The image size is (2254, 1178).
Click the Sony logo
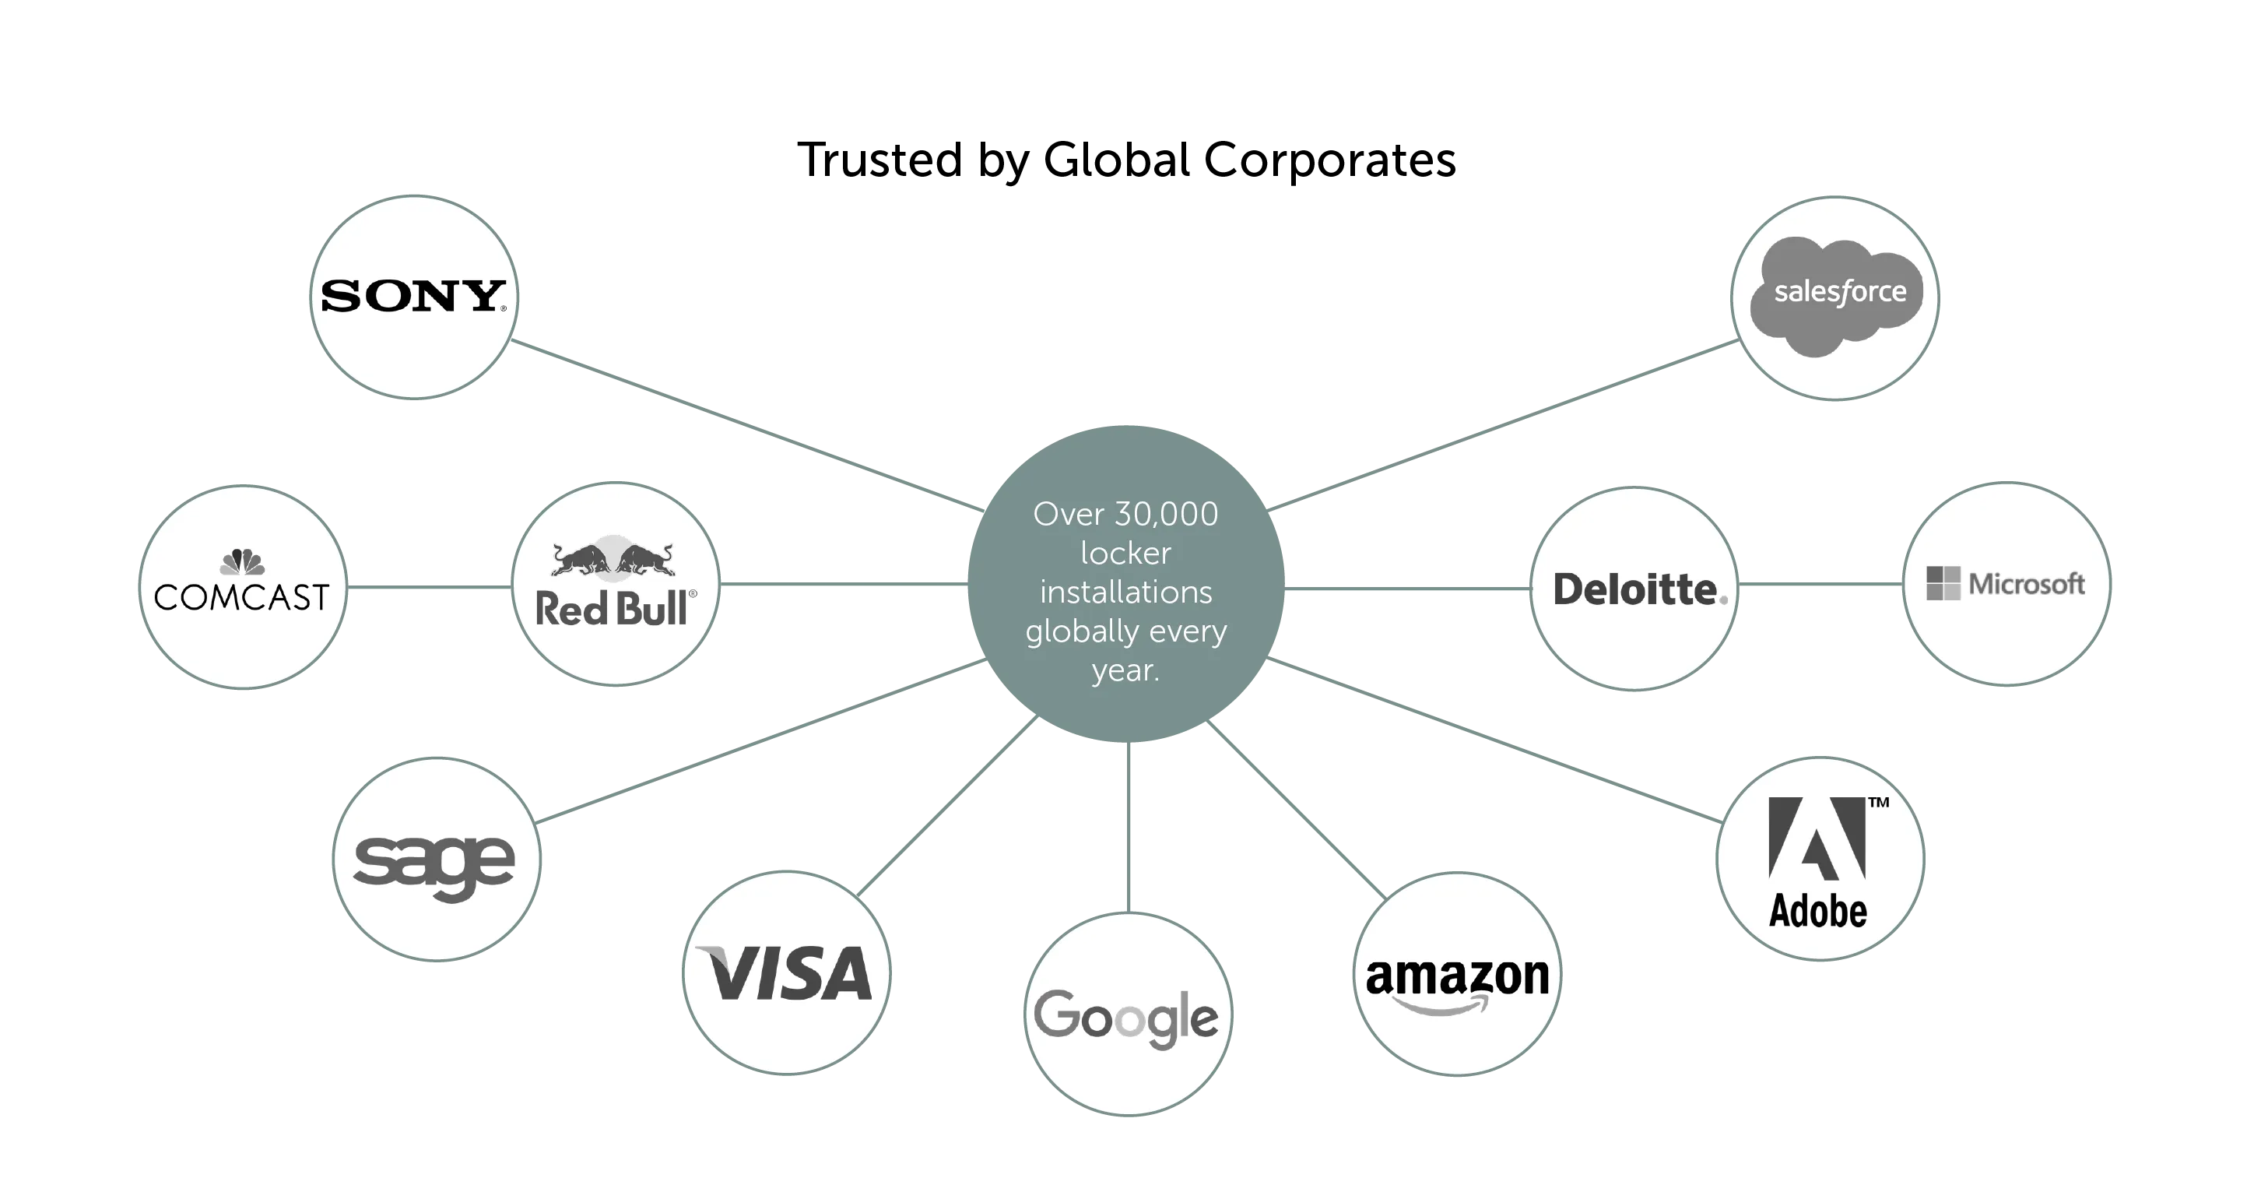tap(413, 296)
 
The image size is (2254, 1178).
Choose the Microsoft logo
tap(2006, 584)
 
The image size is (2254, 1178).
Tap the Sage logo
tap(435, 863)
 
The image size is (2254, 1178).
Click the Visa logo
tap(786, 972)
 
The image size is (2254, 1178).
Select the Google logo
tap(1127, 1018)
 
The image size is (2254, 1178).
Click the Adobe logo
tap(1818, 862)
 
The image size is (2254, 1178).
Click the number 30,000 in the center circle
tap(1167, 515)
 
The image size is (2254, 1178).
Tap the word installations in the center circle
tap(1126, 593)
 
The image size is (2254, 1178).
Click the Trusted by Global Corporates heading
tap(1127, 161)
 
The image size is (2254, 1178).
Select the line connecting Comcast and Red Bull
tap(429, 587)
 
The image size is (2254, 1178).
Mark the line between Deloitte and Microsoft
tap(1820, 585)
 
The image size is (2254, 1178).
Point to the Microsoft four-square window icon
tap(1943, 584)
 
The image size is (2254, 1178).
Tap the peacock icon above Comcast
tap(242, 562)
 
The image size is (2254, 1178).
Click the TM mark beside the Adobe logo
tap(1879, 802)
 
